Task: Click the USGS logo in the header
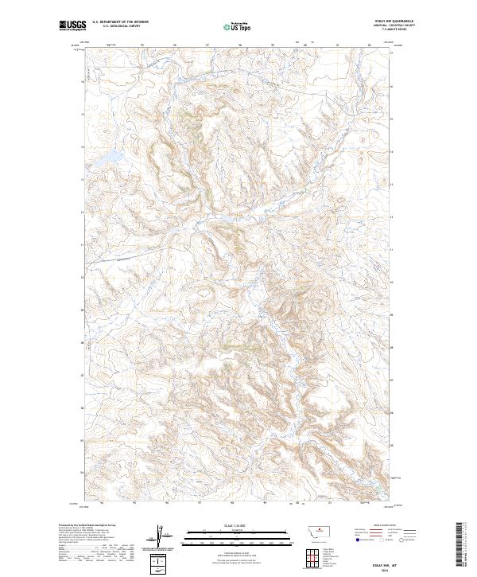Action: (72, 26)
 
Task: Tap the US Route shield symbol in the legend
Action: (382, 540)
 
